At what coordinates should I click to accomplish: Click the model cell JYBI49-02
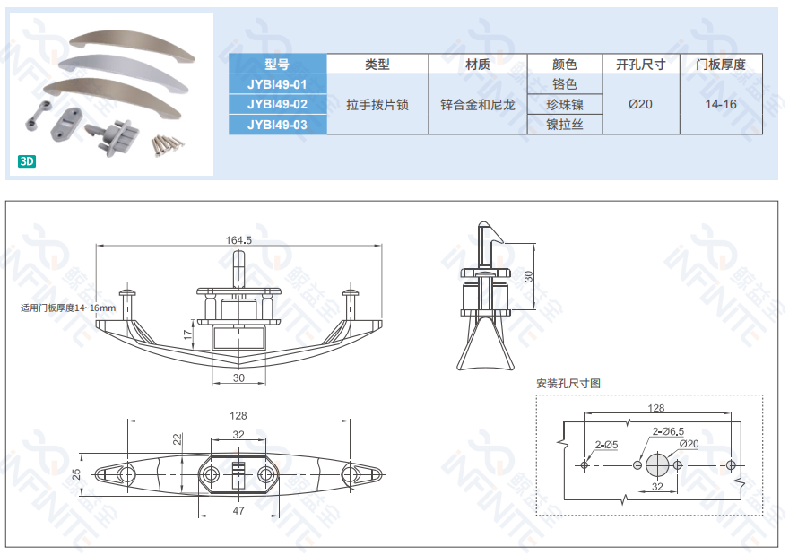(277, 104)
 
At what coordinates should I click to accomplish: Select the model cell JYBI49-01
(277, 84)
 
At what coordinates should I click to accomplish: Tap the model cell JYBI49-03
(277, 125)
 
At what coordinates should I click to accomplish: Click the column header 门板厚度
(721, 65)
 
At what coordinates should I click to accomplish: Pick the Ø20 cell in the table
(640, 104)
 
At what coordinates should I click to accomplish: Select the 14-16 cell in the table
(721, 104)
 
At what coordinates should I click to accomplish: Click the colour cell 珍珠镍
(565, 105)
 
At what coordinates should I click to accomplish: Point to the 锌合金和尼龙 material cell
(478, 105)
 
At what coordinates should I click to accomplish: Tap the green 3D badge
(27, 161)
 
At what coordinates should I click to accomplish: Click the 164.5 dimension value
(238, 240)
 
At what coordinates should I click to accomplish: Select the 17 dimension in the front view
(187, 334)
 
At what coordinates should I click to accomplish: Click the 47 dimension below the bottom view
(238, 510)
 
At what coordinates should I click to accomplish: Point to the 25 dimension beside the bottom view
(76, 474)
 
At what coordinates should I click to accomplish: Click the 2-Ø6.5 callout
(668, 431)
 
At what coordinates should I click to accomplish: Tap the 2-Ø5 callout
(606, 445)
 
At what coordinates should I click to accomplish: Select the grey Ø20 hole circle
(658, 465)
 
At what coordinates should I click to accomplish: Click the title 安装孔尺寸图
(568, 384)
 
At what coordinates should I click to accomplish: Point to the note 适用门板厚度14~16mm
(68, 308)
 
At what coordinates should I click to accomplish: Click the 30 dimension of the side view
(528, 276)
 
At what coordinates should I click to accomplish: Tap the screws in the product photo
(167, 144)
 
